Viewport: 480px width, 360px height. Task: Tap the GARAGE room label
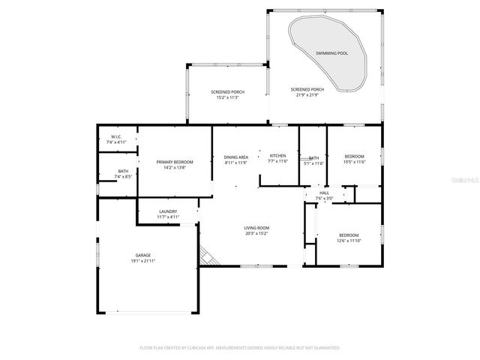point(142,256)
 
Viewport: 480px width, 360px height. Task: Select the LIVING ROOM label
point(256,228)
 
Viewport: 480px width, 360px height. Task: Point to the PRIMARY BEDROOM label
point(175,162)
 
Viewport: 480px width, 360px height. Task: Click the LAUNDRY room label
point(168,211)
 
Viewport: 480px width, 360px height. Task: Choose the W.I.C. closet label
point(116,136)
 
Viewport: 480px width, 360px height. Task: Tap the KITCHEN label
point(278,156)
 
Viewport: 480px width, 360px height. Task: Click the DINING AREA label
point(236,156)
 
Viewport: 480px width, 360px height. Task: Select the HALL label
point(324,193)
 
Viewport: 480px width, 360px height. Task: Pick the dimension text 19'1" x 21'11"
point(142,261)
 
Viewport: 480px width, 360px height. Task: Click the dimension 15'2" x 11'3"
point(226,97)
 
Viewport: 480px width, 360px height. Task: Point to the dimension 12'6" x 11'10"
point(349,241)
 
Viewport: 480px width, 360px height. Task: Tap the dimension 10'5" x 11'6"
point(354,162)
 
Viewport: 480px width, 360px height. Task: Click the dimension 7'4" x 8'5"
point(122,176)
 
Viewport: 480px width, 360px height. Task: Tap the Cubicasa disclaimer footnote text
point(240,348)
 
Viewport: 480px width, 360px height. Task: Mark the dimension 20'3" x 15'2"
point(256,233)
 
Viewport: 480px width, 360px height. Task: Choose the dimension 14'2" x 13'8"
point(175,167)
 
